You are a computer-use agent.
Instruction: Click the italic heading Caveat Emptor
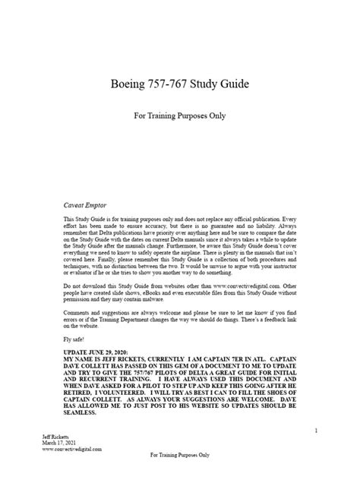pyautogui.click(x=85, y=204)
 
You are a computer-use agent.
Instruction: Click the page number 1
pyautogui.click(x=314, y=431)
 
